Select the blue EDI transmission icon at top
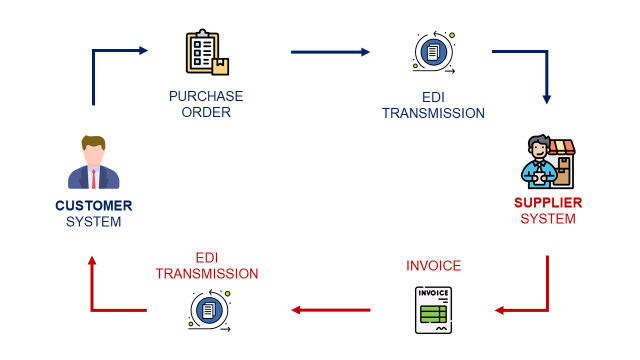(x=433, y=53)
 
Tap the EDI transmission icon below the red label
(x=208, y=309)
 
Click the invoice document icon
(x=432, y=309)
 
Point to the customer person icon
(x=93, y=162)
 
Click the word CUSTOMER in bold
(x=93, y=205)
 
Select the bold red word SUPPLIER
(x=547, y=202)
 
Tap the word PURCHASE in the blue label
(x=206, y=96)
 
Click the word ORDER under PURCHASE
(x=206, y=112)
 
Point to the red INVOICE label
(x=433, y=265)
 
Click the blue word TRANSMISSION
(x=433, y=113)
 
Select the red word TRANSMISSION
(x=207, y=273)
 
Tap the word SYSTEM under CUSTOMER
(x=93, y=221)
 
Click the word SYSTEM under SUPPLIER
(x=547, y=218)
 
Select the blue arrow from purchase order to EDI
(x=330, y=52)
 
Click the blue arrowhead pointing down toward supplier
(x=546, y=99)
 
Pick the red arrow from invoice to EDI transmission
(x=330, y=310)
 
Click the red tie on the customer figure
(x=93, y=178)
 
